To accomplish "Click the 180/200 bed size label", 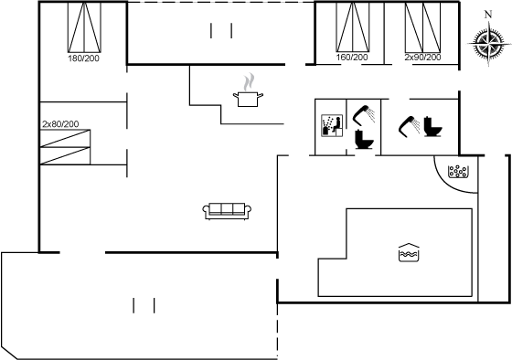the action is click(x=83, y=58).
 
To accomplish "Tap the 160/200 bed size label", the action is click(x=352, y=58).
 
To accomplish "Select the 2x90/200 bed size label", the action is click(x=422, y=58).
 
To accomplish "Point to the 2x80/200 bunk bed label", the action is click(x=60, y=124).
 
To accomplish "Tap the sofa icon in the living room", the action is click(x=227, y=211).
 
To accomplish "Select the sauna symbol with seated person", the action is click(x=332, y=125).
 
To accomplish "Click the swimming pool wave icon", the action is click(x=409, y=252).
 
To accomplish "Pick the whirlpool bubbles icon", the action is click(x=457, y=172).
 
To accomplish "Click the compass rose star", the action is click(x=488, y=43).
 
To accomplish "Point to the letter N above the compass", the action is click(x=488, y=15).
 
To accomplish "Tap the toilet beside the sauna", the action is click(x=364, y=140).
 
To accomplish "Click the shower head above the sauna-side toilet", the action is click(x=364, y=115).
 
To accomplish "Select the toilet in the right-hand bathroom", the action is click(x=432, y=126).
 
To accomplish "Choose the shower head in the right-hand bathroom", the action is click(x=410, y=127).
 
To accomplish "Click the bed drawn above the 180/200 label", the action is click(x=84, y=27).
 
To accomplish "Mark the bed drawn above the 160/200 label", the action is click(x=353, y=27).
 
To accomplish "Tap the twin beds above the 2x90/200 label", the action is click(x=422, y=27).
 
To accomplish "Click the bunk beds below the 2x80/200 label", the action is click(x=65, y=147).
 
